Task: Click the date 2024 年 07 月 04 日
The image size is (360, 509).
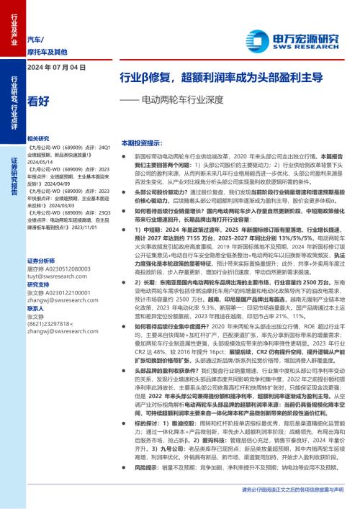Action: pos(55,68)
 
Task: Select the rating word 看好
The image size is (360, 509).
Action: pos(38,102)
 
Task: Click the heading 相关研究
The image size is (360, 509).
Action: pos(38,138)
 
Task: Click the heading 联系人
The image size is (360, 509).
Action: pos(36,308)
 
